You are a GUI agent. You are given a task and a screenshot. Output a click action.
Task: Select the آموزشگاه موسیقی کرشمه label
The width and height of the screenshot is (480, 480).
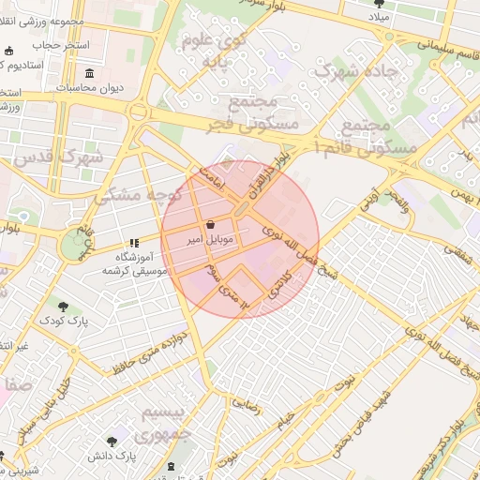pyautogui.click(x=136, y=263)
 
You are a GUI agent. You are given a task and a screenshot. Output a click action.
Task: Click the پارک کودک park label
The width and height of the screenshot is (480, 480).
pyautogui.click(x=64, y=322)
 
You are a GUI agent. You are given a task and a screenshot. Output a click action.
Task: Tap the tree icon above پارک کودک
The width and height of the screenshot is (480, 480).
pyautogui.click(x=63, y=306)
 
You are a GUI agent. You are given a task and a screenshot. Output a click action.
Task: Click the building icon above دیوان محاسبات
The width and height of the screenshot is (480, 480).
pyautogui.click(x=89, y=73)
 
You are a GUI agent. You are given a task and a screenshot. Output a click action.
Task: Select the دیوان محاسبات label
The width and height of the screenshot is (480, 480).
pyautogui.click(x=91, y=88)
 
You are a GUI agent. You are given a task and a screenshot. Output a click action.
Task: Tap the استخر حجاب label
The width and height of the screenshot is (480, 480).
pyautogui.click(x=60, y=45)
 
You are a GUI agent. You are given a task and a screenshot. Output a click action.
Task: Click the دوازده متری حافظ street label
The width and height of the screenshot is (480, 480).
pyautogui.click(x=146, y=349)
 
